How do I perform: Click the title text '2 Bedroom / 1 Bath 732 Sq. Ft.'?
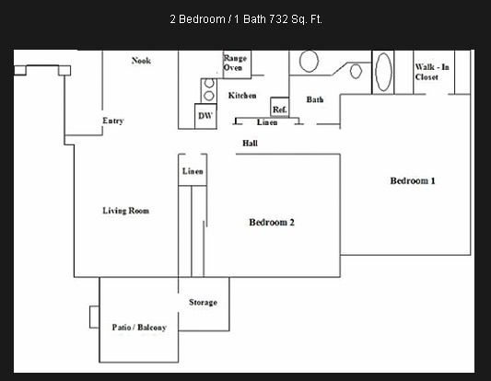tap(246, 18)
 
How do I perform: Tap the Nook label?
tap(141, 61)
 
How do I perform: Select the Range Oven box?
tap(234, 63)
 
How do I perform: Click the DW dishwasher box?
tap(205, 116)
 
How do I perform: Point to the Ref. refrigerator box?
tap(280, 108)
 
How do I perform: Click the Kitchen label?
tap(242, 96)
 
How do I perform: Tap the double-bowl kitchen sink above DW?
tap(208, 89)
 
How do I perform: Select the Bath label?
tap(315, 99)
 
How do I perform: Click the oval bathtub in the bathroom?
tap(383, 72)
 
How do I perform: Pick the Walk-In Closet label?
tap(432, 72)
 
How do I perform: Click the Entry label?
tap(112, 121)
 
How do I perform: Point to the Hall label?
tap(250, 143)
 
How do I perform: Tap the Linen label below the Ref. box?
tap(267, 122)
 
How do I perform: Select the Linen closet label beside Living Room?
tap(193, 172)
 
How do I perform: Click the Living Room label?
tap(125, 211)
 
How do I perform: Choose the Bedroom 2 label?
tap(272, 222)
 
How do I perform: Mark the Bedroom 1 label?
tap(412, 181)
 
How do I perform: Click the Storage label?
tap(203, 302)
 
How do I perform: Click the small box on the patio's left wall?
tap(94, 316)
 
